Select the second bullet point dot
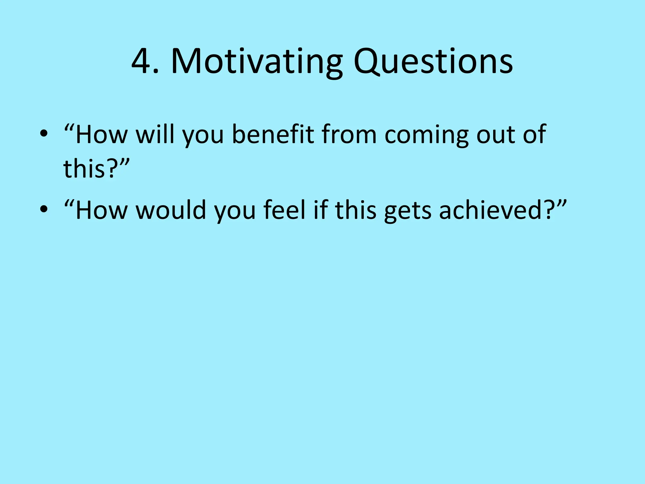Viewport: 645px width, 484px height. tap(44, 210)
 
